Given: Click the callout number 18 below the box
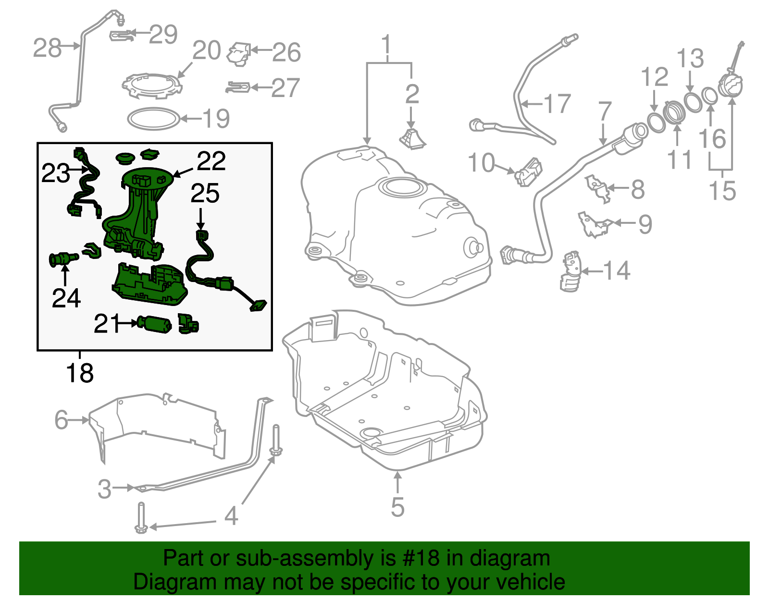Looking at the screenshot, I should point(80,373).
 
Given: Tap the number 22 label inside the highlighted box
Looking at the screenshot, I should point(211,161).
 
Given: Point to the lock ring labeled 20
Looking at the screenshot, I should point(152,86).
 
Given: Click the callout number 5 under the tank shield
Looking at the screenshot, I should point(397,507).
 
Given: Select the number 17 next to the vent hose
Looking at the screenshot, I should point(557,104).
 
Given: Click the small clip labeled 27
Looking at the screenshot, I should point(238,87).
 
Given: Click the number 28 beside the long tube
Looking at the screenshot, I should point(47,48).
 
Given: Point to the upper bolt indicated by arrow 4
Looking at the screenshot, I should point(276,440).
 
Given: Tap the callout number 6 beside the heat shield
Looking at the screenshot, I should point(61,419).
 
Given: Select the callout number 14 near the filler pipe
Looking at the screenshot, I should point(617,270).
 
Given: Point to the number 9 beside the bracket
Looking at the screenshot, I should point(645,224).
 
